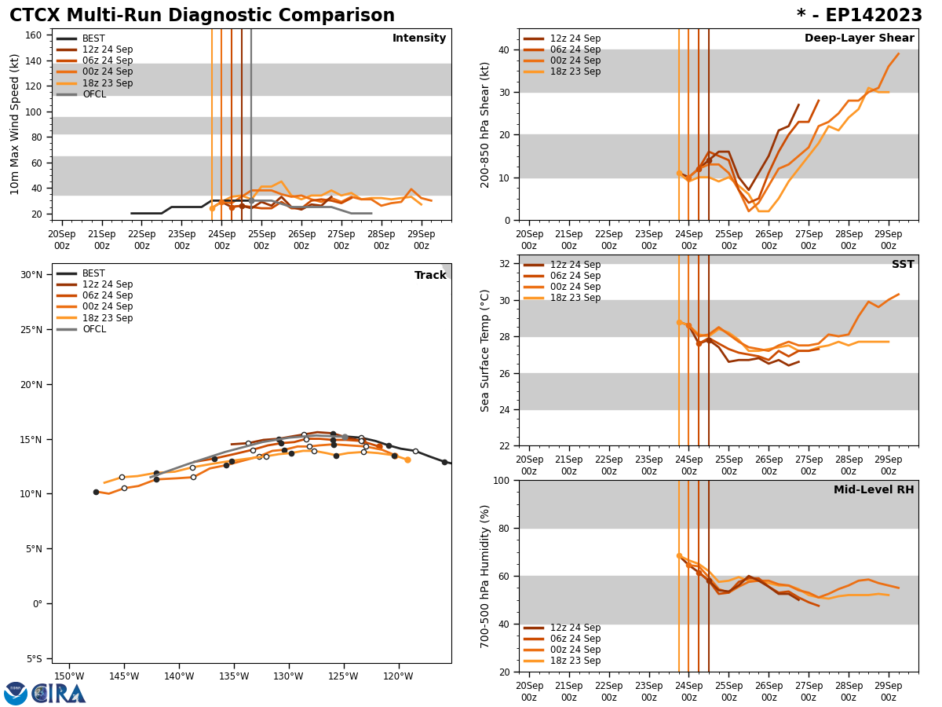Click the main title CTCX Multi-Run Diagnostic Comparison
[202, 16]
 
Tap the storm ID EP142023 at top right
[860, 16]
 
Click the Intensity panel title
[419, 38]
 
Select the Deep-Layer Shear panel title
[859, 38]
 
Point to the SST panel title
[902, 265]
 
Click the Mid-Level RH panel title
[873, 490]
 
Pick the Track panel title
[430, 276]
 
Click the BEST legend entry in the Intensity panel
[93, 38]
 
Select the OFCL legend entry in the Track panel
[93, 329]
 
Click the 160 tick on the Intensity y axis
[33, 35]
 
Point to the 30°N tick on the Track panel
[31, 275]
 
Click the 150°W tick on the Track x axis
[69, 676]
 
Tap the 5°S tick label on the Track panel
[33, 659]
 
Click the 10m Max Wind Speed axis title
[16, 124]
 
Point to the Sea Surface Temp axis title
[485, 350]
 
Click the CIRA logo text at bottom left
[58, 694]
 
